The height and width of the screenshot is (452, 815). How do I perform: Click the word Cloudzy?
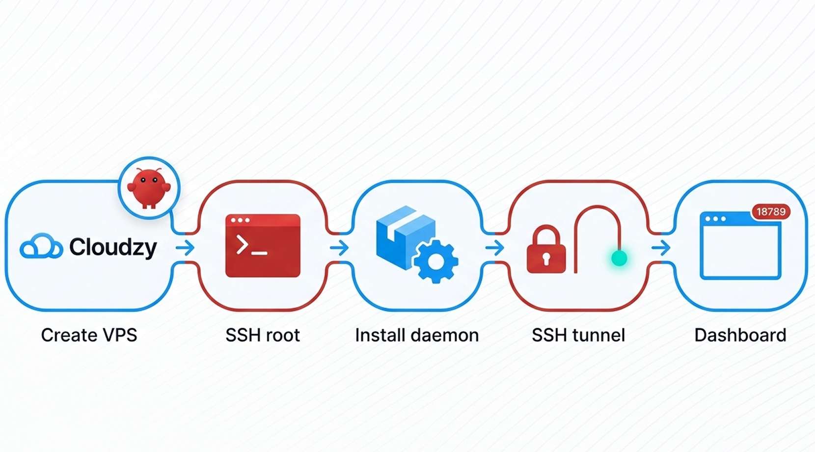(x=113, y=247)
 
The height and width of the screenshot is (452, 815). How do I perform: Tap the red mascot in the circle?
(x=149, y=188)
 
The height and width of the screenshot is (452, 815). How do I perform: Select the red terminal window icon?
(x=263, y=246)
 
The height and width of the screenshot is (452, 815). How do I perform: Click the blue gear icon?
(x=436, y=261)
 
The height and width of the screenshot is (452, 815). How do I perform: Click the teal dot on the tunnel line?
(x=619, y=257)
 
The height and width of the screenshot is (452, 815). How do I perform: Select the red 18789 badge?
(x=771, y=212)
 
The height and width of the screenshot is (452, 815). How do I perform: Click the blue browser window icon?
(x=740, y=247)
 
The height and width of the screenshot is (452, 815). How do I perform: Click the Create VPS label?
(x=89, y=335)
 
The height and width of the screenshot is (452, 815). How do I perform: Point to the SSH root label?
(x=263, y=335)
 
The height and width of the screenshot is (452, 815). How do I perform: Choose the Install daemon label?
(x=417, y=335)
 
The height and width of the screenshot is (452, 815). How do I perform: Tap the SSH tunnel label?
(x=578, y=335)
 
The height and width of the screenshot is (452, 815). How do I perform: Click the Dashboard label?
(x=740, y=335)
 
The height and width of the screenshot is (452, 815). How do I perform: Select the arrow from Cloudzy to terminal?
(x=185, y=247)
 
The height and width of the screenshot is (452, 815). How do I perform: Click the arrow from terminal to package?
(x=339, y=247)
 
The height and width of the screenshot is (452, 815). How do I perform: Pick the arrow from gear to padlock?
(x=494, y=247)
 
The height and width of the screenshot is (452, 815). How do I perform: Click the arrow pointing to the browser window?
(x=661, y=247)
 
